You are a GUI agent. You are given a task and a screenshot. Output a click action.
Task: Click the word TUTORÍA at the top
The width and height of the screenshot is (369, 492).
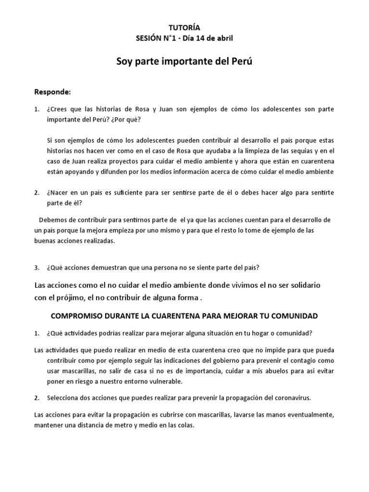(x=185, y=28)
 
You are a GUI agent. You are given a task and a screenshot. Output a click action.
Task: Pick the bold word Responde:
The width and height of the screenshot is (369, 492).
(x=53, y=91)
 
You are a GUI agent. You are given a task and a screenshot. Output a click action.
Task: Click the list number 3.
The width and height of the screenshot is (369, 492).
(x=37, y=267)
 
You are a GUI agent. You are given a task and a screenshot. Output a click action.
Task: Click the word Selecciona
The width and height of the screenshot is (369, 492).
(x=64, y=398)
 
